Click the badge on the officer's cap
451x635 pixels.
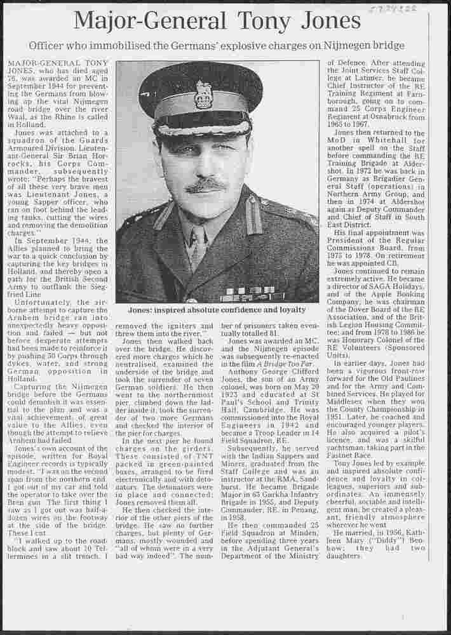pos(203,94)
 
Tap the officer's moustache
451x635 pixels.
pos(207,185)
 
